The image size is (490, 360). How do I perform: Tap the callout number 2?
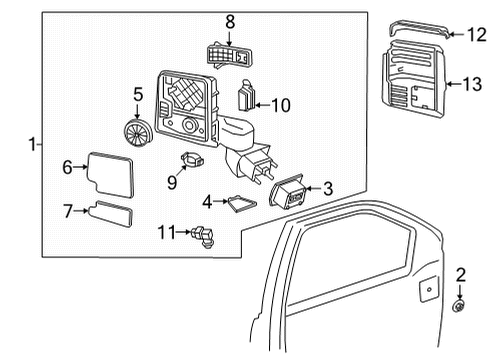click(461, 274)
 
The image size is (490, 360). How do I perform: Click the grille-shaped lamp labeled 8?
click(229, 57)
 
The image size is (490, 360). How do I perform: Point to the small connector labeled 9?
click(190, 160)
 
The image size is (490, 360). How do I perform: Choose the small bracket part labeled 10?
click(246, 100)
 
